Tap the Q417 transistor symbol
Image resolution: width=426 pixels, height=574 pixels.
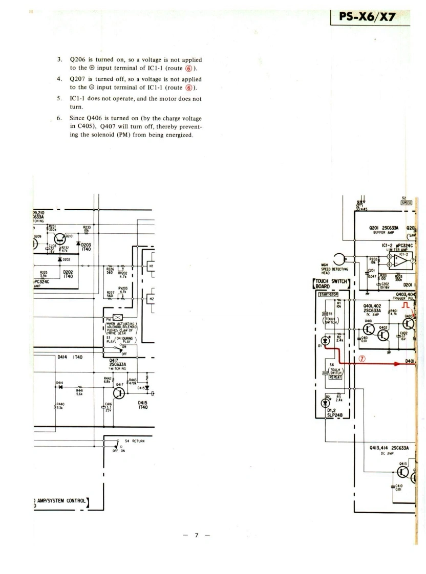pos(119,393)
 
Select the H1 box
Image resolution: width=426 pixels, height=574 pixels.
pos(152,266)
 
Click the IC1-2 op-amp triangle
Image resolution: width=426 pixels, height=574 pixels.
pos(401,262)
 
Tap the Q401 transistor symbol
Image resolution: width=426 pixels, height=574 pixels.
pos(368,330)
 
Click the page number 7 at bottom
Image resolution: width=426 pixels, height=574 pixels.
pos(196,535)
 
